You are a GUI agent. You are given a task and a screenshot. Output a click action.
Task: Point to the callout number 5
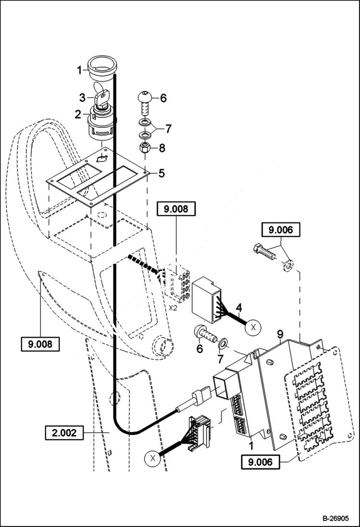[x=161, y=172]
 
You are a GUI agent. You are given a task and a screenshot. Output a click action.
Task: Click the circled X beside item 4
[x=254, y=328]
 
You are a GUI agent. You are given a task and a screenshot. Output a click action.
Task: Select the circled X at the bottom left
[x=152, y=458]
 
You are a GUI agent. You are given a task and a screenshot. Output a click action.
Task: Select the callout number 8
[x=161, y=148]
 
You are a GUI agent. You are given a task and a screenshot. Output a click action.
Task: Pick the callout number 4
[x=238, y=306]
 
